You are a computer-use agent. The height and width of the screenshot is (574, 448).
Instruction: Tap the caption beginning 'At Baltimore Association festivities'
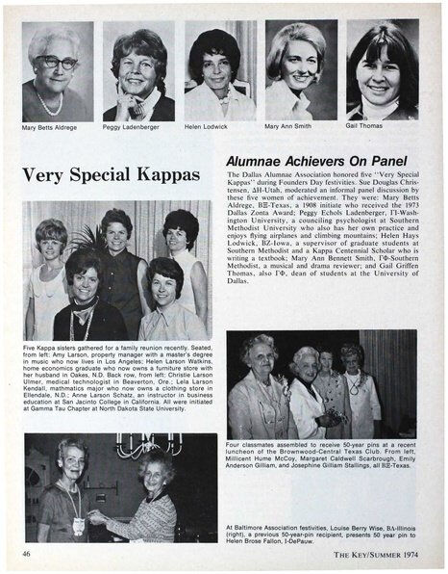click(321, 535)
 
